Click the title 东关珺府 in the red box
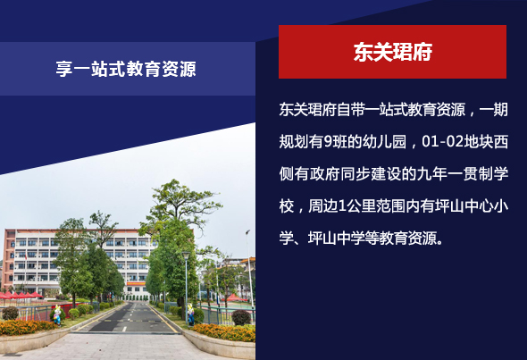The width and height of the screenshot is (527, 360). (392, 52)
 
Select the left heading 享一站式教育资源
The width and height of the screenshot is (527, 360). (126, 69)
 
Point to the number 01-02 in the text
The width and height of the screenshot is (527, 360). (443, 141)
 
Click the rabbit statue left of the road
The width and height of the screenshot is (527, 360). (57, 314)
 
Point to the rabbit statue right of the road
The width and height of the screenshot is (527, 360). (190, 314)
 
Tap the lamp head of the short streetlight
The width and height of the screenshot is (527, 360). (186, 255)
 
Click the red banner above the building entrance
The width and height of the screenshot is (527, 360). (136, 284)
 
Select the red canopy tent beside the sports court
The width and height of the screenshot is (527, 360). (235, 297)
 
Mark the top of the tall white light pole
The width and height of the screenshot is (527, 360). (247, 232)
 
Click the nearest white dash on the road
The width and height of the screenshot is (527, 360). (124, 329)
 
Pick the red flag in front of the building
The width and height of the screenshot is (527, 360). (26, 256)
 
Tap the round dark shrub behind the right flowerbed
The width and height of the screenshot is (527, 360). (241, 317)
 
